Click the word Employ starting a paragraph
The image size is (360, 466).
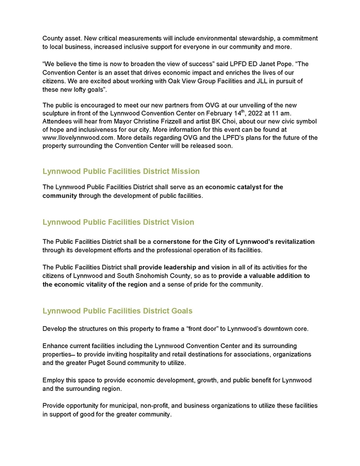[x=53, y=380]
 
